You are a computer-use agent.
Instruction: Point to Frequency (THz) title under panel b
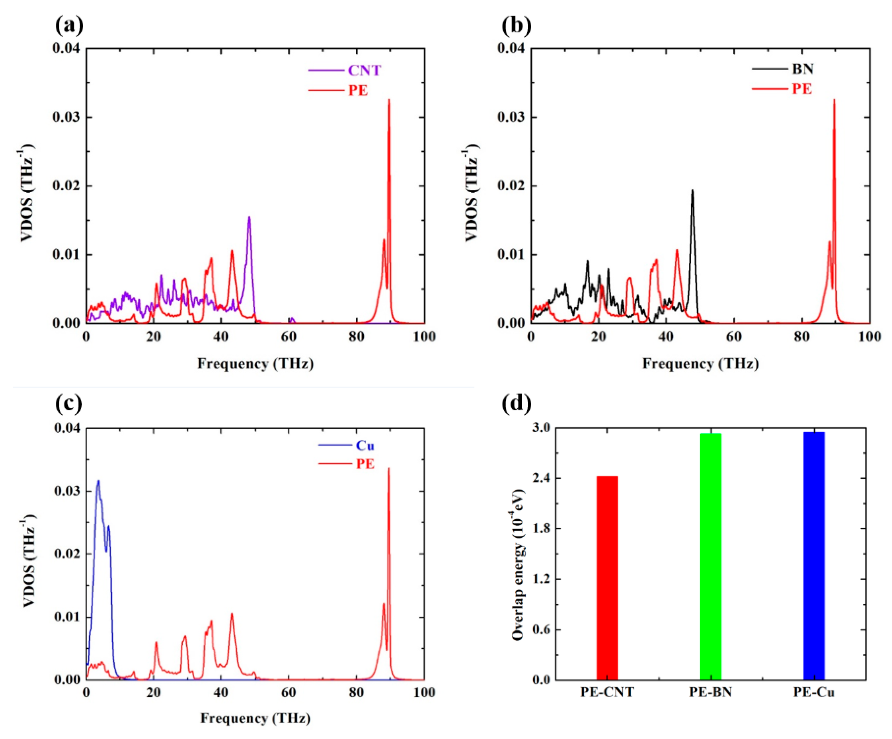click(700, 364)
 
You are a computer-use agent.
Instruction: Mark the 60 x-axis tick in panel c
click(289, 693)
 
